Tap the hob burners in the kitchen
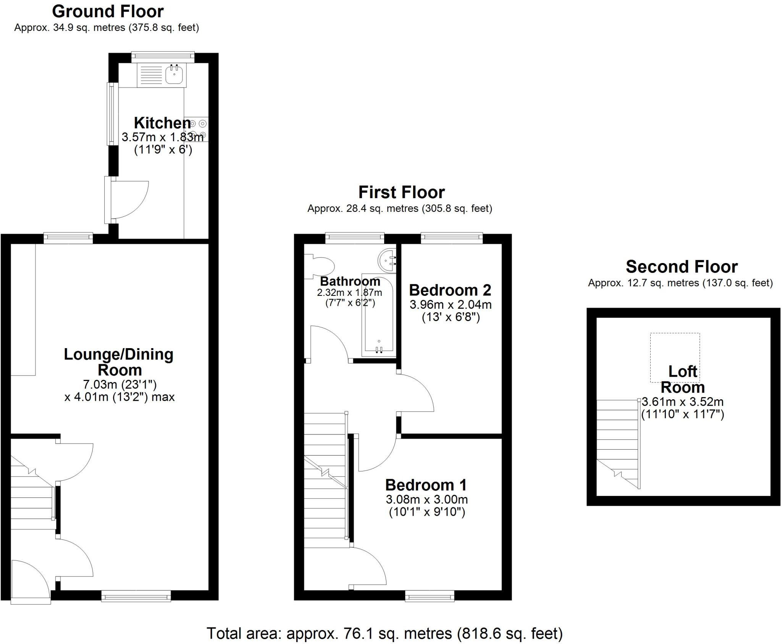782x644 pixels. (198, 129)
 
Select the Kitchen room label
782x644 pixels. (162, 123)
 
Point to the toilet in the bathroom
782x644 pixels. (322, 266)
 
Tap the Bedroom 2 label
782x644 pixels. (450, 290)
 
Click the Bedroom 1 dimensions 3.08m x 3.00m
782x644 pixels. (427, 499)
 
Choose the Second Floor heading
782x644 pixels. (681, 266)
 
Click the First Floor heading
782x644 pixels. (401, 192)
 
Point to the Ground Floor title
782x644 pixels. (108, 11)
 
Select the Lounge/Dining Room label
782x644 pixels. (119, 362)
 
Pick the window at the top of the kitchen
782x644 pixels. (163, 57)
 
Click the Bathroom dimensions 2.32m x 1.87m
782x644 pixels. (349, 293)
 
